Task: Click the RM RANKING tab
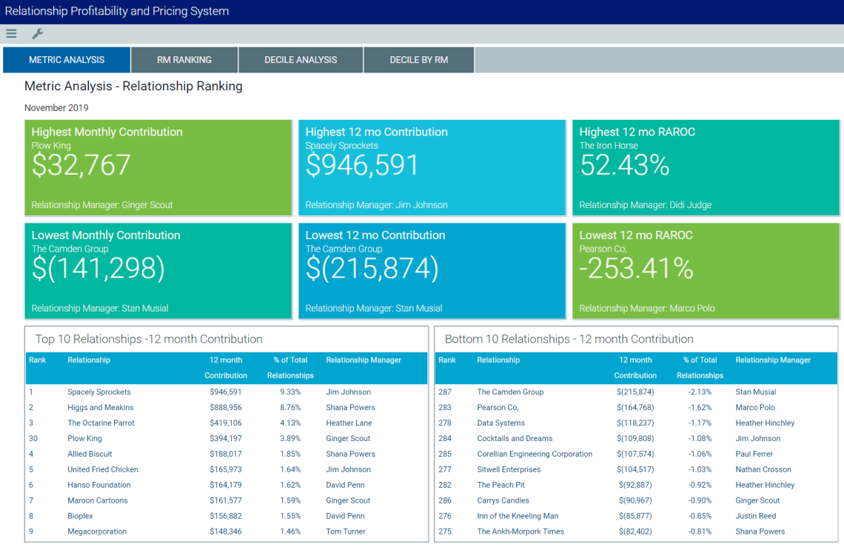(184, 60)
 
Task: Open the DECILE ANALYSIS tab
(301, 60)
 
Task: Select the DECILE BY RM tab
(419, 60)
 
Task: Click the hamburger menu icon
(11, 33)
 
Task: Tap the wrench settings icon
(38, 33)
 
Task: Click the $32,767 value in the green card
(81, 166)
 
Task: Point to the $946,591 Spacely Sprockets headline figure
(362, 166)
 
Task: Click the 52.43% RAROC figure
(624, 166)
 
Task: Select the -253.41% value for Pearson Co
(636, 269)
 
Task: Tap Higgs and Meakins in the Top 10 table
(101, 408)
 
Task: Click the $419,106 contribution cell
(225, 423)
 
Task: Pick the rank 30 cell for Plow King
(33, 439)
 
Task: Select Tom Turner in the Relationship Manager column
(346, 531)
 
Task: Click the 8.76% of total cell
(290, 408)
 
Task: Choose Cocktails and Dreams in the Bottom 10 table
(515, 439)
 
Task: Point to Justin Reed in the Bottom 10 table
(756, 516)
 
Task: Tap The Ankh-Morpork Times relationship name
(520, 531)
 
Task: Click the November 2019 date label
(56, 108)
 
